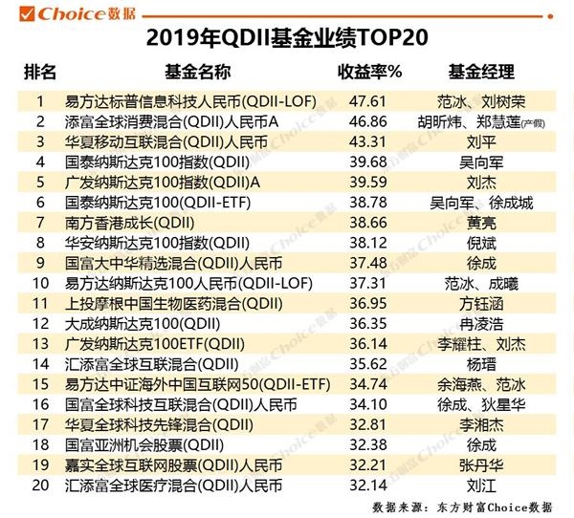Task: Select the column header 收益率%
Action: [x=369, y=73]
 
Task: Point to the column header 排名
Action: [x=40, y=73]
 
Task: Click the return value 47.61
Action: [x=368, y=100]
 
